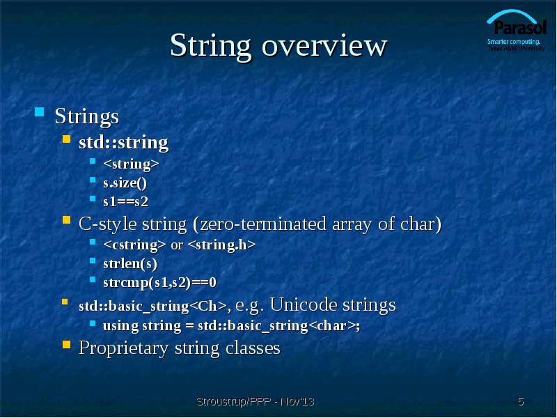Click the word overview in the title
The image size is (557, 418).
coord(324,46)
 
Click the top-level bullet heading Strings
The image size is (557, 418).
coord(87,115)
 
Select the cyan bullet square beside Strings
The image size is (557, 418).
coord(40,111)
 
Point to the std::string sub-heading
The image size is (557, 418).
coord(123,143)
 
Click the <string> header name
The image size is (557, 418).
coord(131,164)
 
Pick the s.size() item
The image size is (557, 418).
coord(125,183)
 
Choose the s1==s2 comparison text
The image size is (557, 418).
coord(125,202)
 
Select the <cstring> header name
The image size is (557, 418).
coord(134,245)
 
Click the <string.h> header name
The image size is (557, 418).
coord(222,245)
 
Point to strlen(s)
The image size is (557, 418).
coord(130,264)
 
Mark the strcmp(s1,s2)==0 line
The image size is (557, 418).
coord(159,283)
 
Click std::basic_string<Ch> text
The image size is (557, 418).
coord(152,306)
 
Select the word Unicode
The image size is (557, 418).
coord(301,305)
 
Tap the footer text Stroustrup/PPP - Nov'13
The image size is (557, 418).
coord(256,401)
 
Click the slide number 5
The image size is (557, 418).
coord(521,401)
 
